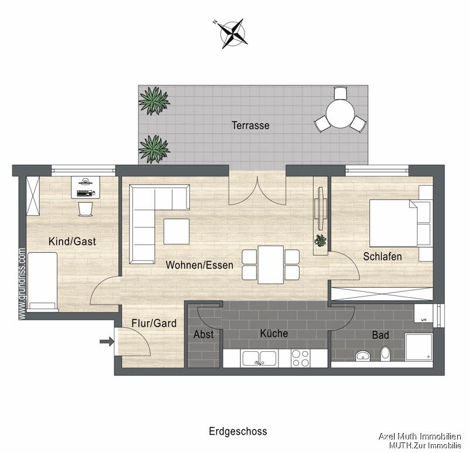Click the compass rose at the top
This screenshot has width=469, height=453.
pyautogui.click(x=232, y=33)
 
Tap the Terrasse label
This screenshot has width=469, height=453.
pyautogui.click(x=250, y=125)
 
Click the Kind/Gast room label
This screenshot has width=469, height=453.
pyautogui.click(x=73, y=241)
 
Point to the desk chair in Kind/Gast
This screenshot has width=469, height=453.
pyautogui.click(x=86, y=209)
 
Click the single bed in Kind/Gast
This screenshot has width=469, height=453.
pyautogui.click(x=43, y=280)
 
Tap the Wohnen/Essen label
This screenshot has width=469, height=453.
pyautogui.click(x=199, y=265)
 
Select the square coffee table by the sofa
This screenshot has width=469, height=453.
pyautogui.click(x=176, y=231)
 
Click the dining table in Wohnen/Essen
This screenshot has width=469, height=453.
pyautogui.click(x=270, y=264)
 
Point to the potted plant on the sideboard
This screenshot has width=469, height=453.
pyautogui.click(x=321, y=240)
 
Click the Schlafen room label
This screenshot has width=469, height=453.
pyautogui.click(x=382, y=257)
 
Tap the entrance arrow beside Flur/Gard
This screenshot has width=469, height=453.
pyautogui.click(x=106, y=342)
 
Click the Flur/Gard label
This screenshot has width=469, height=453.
pyautogui.click(x=154, y=323)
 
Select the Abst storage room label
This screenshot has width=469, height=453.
pyautogui.click(x=203, y=335)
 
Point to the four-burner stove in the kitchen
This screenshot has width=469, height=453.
pyautogui.click(x=301, y=358)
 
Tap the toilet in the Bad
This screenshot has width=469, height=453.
pyautogui.click(x=385, y=353)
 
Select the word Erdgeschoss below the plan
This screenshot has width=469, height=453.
pyautogui.click(x=237, y=431)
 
